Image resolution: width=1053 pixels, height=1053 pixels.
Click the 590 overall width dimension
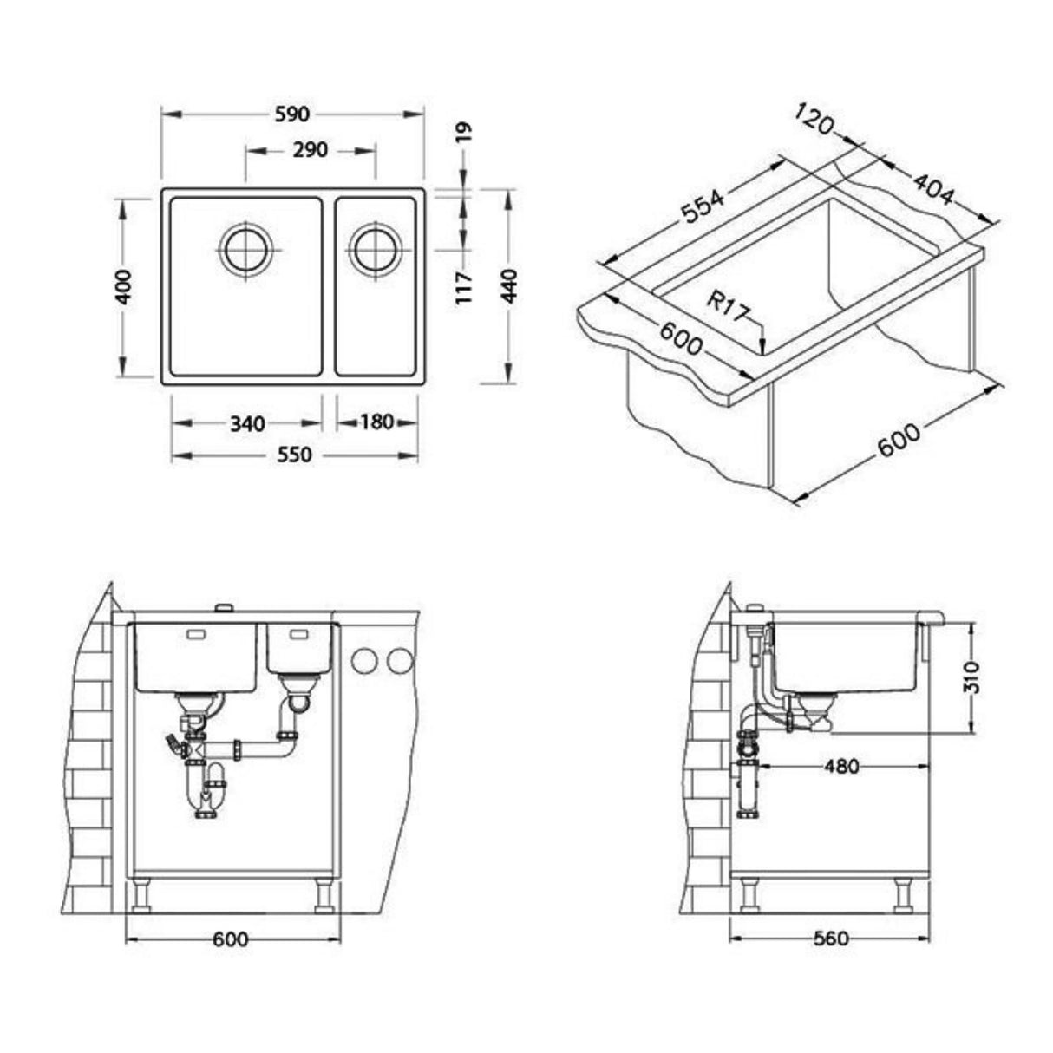292,114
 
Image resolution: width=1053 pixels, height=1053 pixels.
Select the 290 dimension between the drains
310,150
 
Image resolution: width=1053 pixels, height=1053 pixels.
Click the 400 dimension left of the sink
124,286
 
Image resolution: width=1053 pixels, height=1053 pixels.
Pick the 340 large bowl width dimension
247,424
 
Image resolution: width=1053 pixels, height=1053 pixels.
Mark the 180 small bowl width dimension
376,422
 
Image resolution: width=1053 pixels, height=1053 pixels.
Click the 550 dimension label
294,455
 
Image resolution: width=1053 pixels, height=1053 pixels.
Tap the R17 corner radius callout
726,306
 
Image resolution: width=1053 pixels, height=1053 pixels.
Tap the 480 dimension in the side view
840,767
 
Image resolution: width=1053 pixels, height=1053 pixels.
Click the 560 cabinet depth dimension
830,939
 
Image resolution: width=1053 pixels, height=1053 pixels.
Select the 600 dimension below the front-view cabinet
232,939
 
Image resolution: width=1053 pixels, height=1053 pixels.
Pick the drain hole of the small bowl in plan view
375,250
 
